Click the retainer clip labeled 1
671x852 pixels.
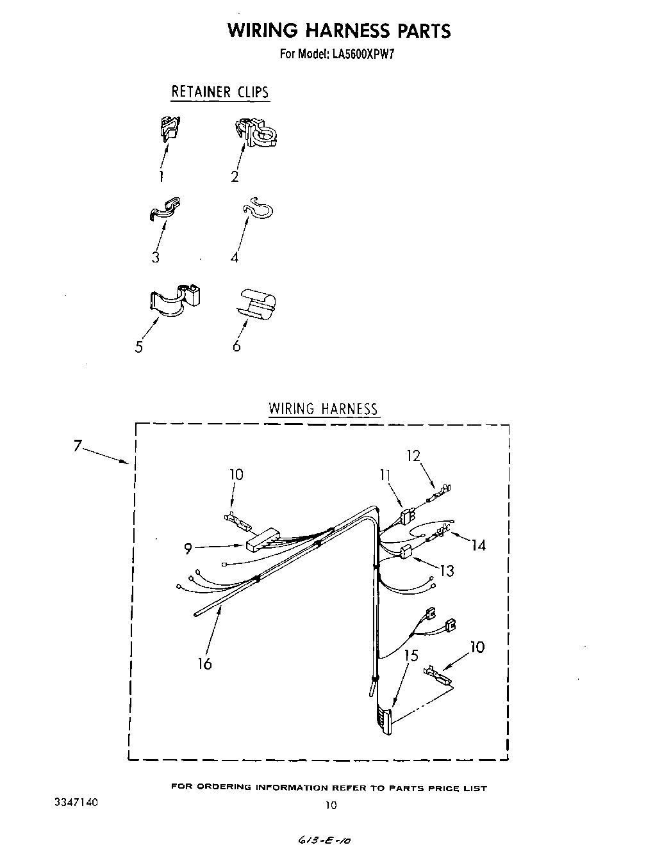[x=169, y=127]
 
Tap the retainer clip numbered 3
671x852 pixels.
[x=165, y=209]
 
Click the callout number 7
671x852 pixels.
[x=78, y=446]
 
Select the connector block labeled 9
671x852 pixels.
[x=263, y=540]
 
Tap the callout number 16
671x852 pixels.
[x=204, y=664]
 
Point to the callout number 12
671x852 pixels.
[x=413, y=456]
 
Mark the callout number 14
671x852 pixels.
[x=478, y=545]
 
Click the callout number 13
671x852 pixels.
[x=447, y=570]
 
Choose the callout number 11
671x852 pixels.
[x=385, y=476]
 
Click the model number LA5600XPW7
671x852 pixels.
[x=363, y=54]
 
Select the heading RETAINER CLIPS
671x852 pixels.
[x=220, y=92]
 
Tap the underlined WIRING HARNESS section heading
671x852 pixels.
[x=323, y=408]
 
